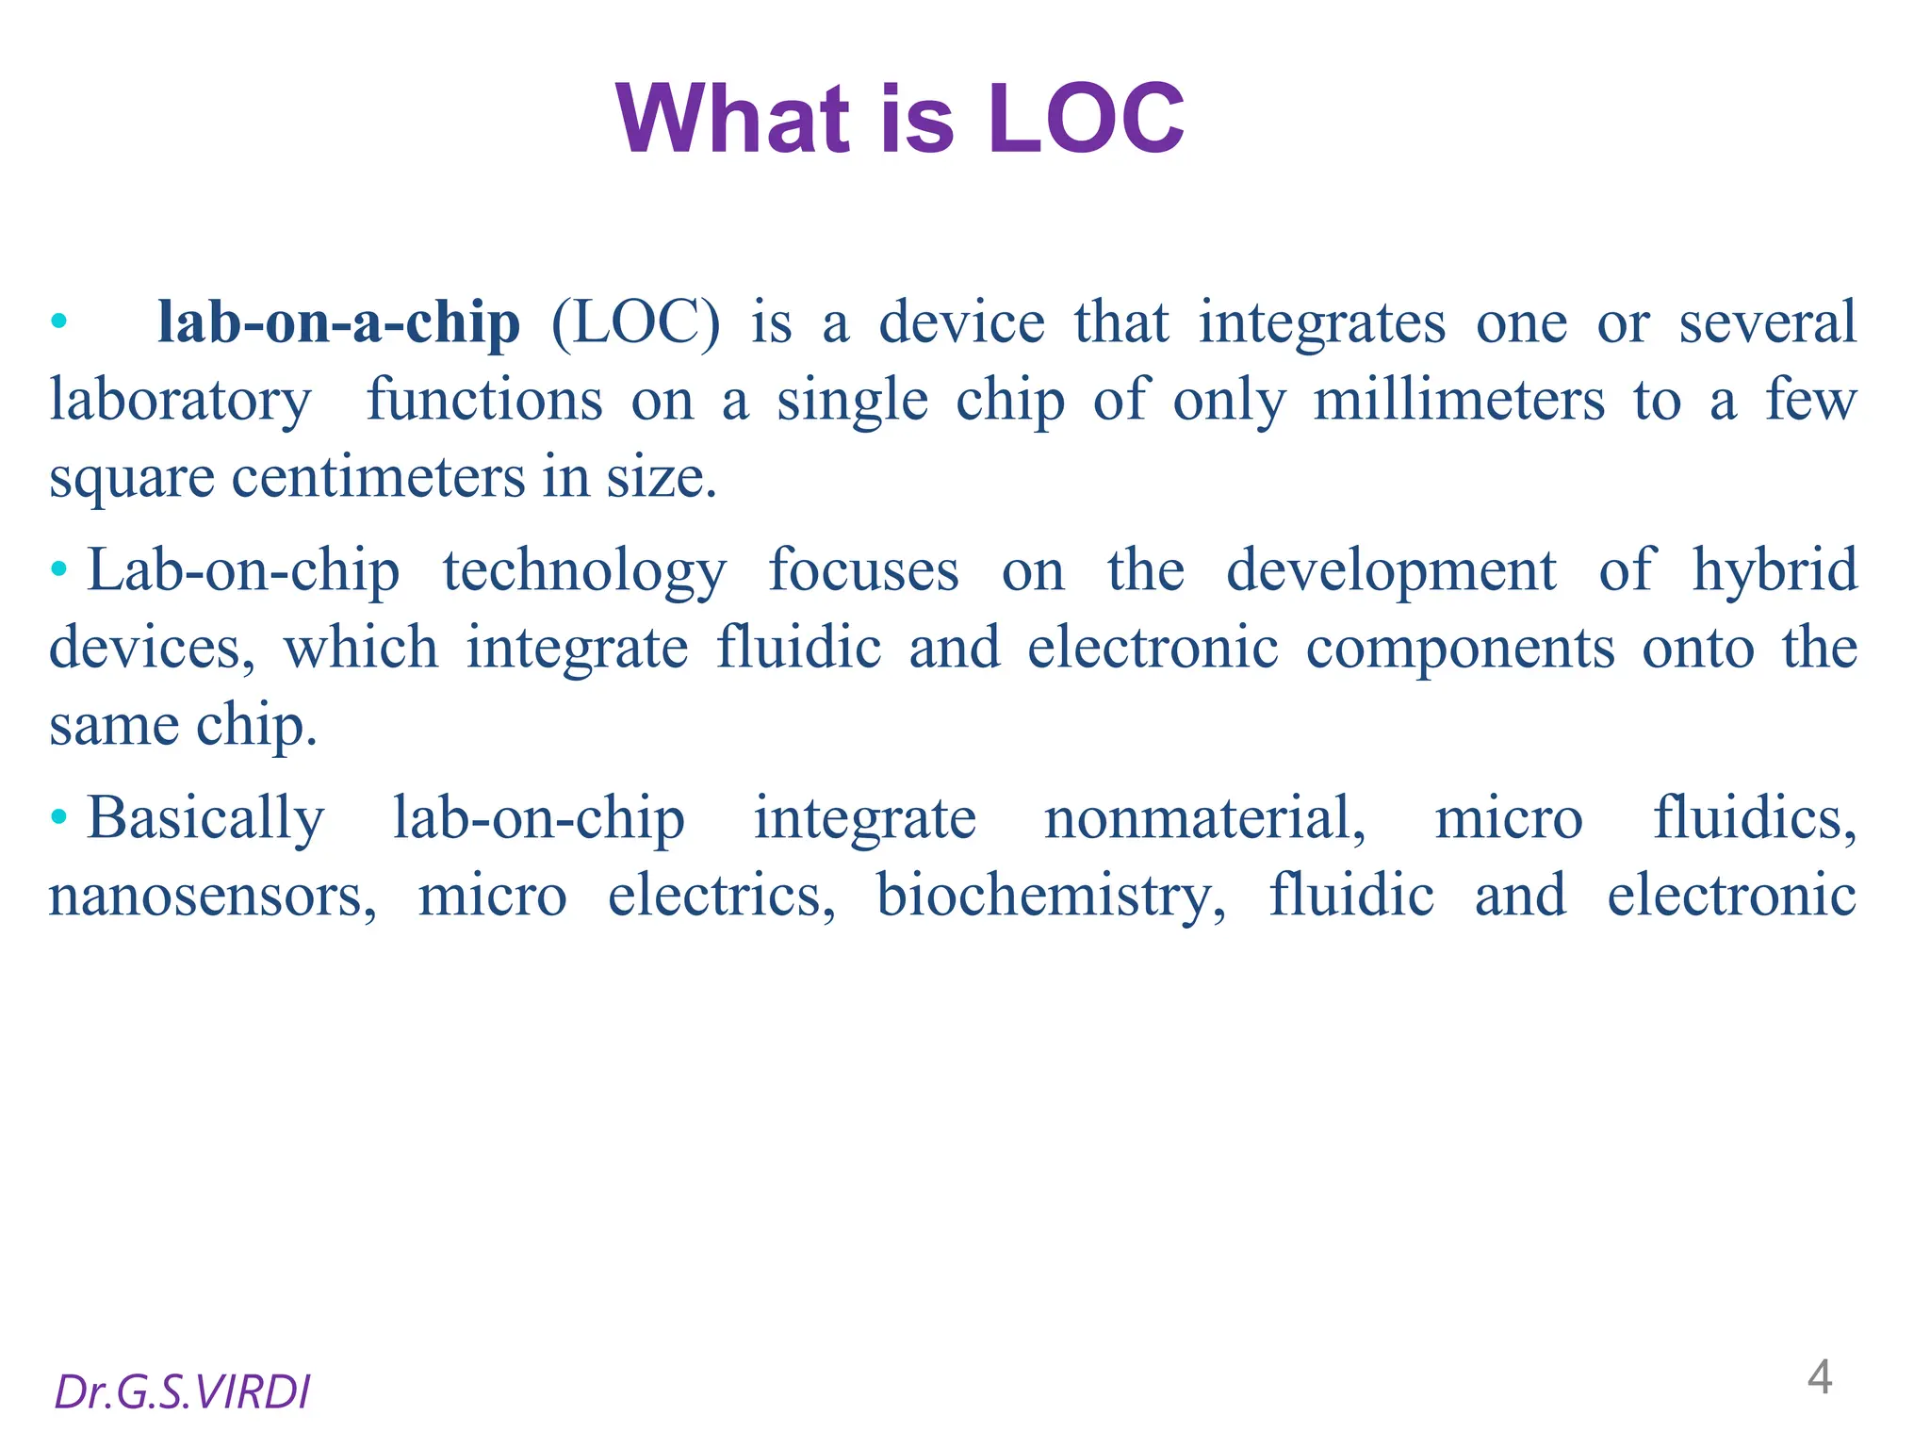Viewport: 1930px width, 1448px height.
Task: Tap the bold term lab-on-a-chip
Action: (338, 323)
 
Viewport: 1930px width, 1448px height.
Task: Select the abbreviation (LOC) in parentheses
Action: (635, 323)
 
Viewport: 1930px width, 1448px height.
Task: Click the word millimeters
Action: (1459, 401)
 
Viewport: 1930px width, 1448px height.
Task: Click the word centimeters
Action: (378, 478)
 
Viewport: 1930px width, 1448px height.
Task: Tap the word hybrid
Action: (1774, 571)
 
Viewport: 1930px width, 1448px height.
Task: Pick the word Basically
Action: (205, 818)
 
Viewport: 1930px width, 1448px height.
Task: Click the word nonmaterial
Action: (1203, 818)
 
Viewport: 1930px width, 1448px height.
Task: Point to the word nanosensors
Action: (212, 897)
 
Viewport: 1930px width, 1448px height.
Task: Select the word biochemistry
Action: (1051, 897)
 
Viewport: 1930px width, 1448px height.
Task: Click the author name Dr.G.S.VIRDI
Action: (182, 1392)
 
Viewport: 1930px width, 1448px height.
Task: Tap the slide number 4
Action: (1819, 1377)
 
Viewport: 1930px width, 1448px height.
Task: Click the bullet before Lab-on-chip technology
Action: (59, 569)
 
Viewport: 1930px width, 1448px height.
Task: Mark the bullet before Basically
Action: (59, 816)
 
